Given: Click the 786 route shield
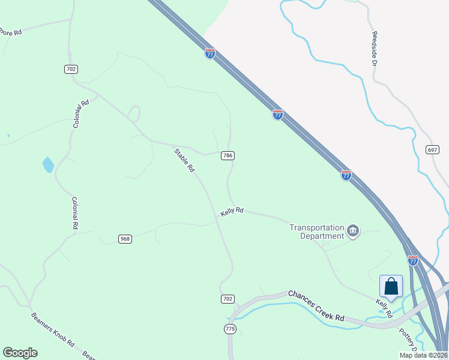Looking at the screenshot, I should click(228, 155).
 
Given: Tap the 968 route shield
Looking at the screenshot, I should click(125, 239).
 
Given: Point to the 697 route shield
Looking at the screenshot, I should click(432, 149).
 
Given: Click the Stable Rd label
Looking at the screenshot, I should click(185, 160).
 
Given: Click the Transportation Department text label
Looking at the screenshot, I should click(316, 232).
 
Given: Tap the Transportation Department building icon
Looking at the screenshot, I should click(353, 231).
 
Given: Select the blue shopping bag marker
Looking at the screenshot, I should click(391, 287).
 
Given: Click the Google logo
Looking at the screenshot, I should click(20, 353).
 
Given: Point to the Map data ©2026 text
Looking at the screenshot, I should click(423, 355).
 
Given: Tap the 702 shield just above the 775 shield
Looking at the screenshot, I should click(228, 299).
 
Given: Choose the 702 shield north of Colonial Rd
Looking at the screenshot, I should click(71, 69).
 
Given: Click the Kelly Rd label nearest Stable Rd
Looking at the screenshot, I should click(232, 211).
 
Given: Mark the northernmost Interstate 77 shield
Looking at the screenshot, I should click(209, 53).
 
